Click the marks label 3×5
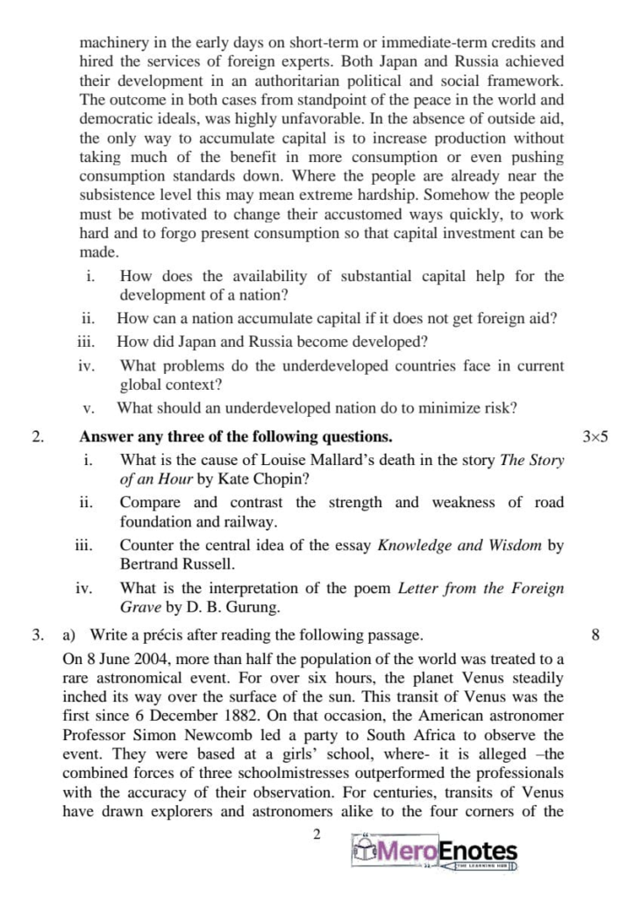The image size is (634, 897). (x=594, y=436)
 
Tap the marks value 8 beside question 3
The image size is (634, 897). (x=595, y=634)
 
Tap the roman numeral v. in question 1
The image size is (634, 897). (x=88, y=408)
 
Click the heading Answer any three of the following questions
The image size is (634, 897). (x=236, y=436)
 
